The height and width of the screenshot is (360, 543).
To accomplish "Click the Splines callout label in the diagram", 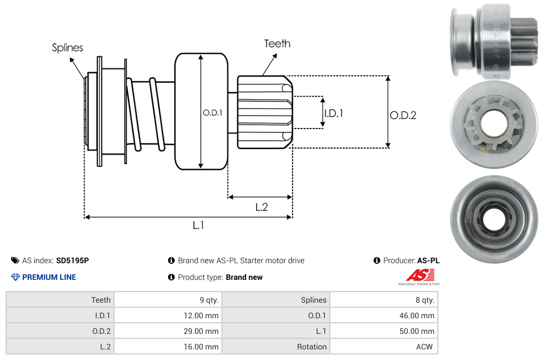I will tap(67, 48).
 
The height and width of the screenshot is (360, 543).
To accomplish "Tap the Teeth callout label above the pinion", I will tap(277, 43).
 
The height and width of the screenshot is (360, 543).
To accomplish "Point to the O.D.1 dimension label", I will tap(213, 112).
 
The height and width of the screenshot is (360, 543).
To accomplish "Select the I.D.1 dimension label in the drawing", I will tap(333, 113).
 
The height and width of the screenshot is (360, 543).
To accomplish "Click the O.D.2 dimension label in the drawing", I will tap(403, 115).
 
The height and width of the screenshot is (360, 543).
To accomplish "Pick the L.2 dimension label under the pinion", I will tap(261, 207).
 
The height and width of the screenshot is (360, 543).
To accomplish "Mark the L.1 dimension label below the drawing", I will tap(199, 225).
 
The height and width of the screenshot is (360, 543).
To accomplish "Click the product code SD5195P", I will tap(72, 260).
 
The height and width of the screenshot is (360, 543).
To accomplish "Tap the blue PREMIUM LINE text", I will tap(49, 277).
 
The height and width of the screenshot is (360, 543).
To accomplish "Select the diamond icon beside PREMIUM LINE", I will tap(16, 277).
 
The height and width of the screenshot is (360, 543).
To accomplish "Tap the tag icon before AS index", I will tap(16, 260).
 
